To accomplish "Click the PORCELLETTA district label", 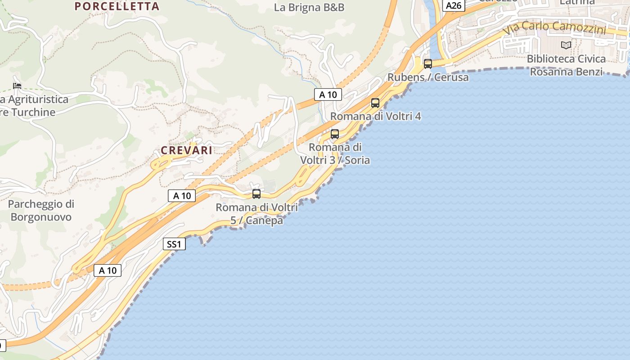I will pyautogui.click(x=117, y=6).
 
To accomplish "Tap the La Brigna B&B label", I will pyautogui.click(x=309, y=8).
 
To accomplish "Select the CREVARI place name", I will pyautogui.click(x=186, y=151).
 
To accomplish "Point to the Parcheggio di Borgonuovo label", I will pyautogui.click(x=41, y=211).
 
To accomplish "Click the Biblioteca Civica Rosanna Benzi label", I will pyautogui.click(x=566, y=65).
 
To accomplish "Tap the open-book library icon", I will pyautogui.click(x=566, y=45).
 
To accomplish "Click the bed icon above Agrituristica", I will pyautogui.click(x=17, y=85).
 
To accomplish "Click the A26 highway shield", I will pyautogui.click(x=454, y=5).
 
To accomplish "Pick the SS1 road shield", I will pyautogui.click(x=174, y=244).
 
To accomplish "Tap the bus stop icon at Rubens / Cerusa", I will pyautogui.click(x=428, y=64).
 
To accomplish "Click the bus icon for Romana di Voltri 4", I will pyautogui.click(x=375, y=103).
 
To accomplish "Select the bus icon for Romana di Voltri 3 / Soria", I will pyautogui.click(x=335, y=134).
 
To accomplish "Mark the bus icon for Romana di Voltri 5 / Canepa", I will pyautogui.click(x=256, y=194).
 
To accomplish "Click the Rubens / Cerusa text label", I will pyautogui.click(x=428, y=77).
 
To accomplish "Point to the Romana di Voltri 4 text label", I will pyautogui.click(x=376, y=117).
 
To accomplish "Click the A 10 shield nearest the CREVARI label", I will pyautogui.click(x=182, y=196).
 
